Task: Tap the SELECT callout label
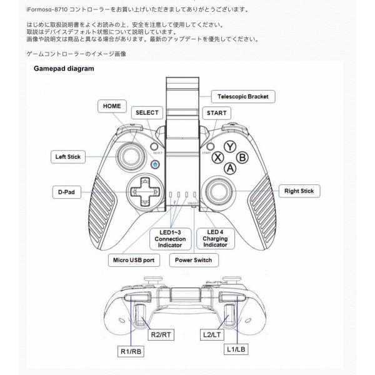pos(147,113)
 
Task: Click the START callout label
pos(216,113)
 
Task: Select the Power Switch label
pos(193,259)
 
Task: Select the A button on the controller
pos(230,168)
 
